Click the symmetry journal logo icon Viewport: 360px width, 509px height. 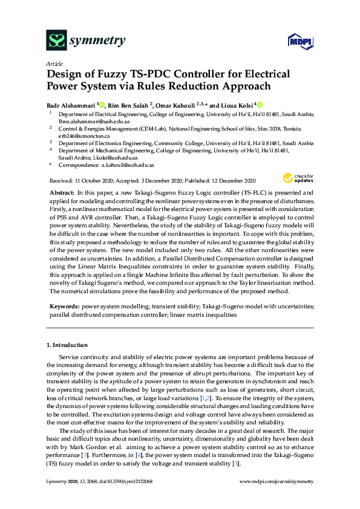pyautogui.click(x=56, y=41)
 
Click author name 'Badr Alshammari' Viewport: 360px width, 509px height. pyautogui.click(x=70, y=104)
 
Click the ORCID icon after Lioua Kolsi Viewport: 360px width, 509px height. pyautogui.click(x=260, y=104)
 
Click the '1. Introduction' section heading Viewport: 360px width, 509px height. pyautogui.click(x=67, y=345)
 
